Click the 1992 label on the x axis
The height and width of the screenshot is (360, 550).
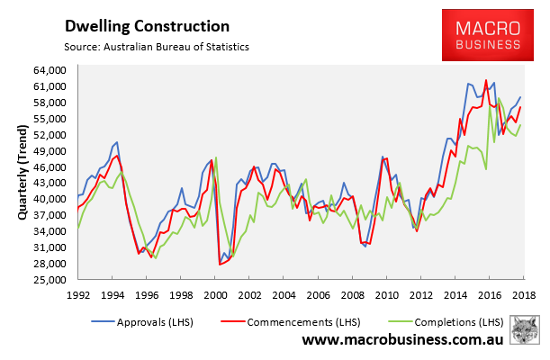coord(77,295)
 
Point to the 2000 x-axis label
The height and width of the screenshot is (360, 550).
coord(214,295)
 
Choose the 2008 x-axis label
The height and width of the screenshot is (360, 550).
coord(351,295)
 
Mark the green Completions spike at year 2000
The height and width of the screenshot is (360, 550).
coord(217,158)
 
